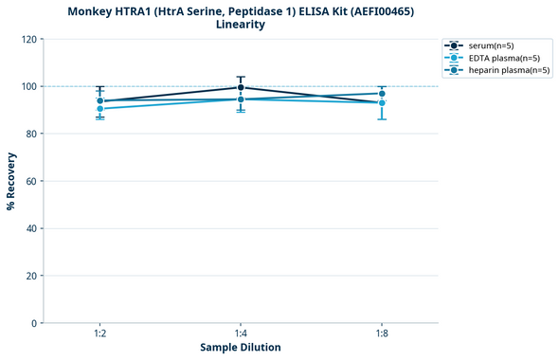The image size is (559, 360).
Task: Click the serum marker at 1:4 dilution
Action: coord(241,87)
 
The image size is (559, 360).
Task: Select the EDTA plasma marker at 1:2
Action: coord(99,109)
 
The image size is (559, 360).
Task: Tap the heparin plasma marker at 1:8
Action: coord(382,94)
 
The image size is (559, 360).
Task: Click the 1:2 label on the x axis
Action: coord(99,333)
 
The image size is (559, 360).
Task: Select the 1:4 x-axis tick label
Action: coord(241,333)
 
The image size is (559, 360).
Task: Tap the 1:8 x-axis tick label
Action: coord(382,333)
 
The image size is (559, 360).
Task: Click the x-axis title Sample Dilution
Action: coord(241,348)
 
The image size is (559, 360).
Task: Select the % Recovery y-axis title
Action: coord(10,180)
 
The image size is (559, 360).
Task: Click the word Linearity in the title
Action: coord(241,25)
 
